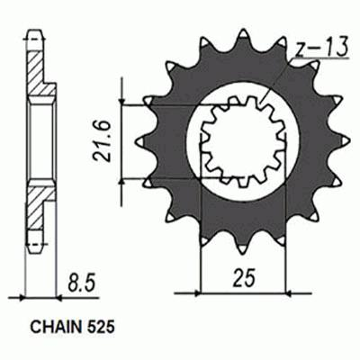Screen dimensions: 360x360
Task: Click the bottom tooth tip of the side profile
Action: tap(35, 243)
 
